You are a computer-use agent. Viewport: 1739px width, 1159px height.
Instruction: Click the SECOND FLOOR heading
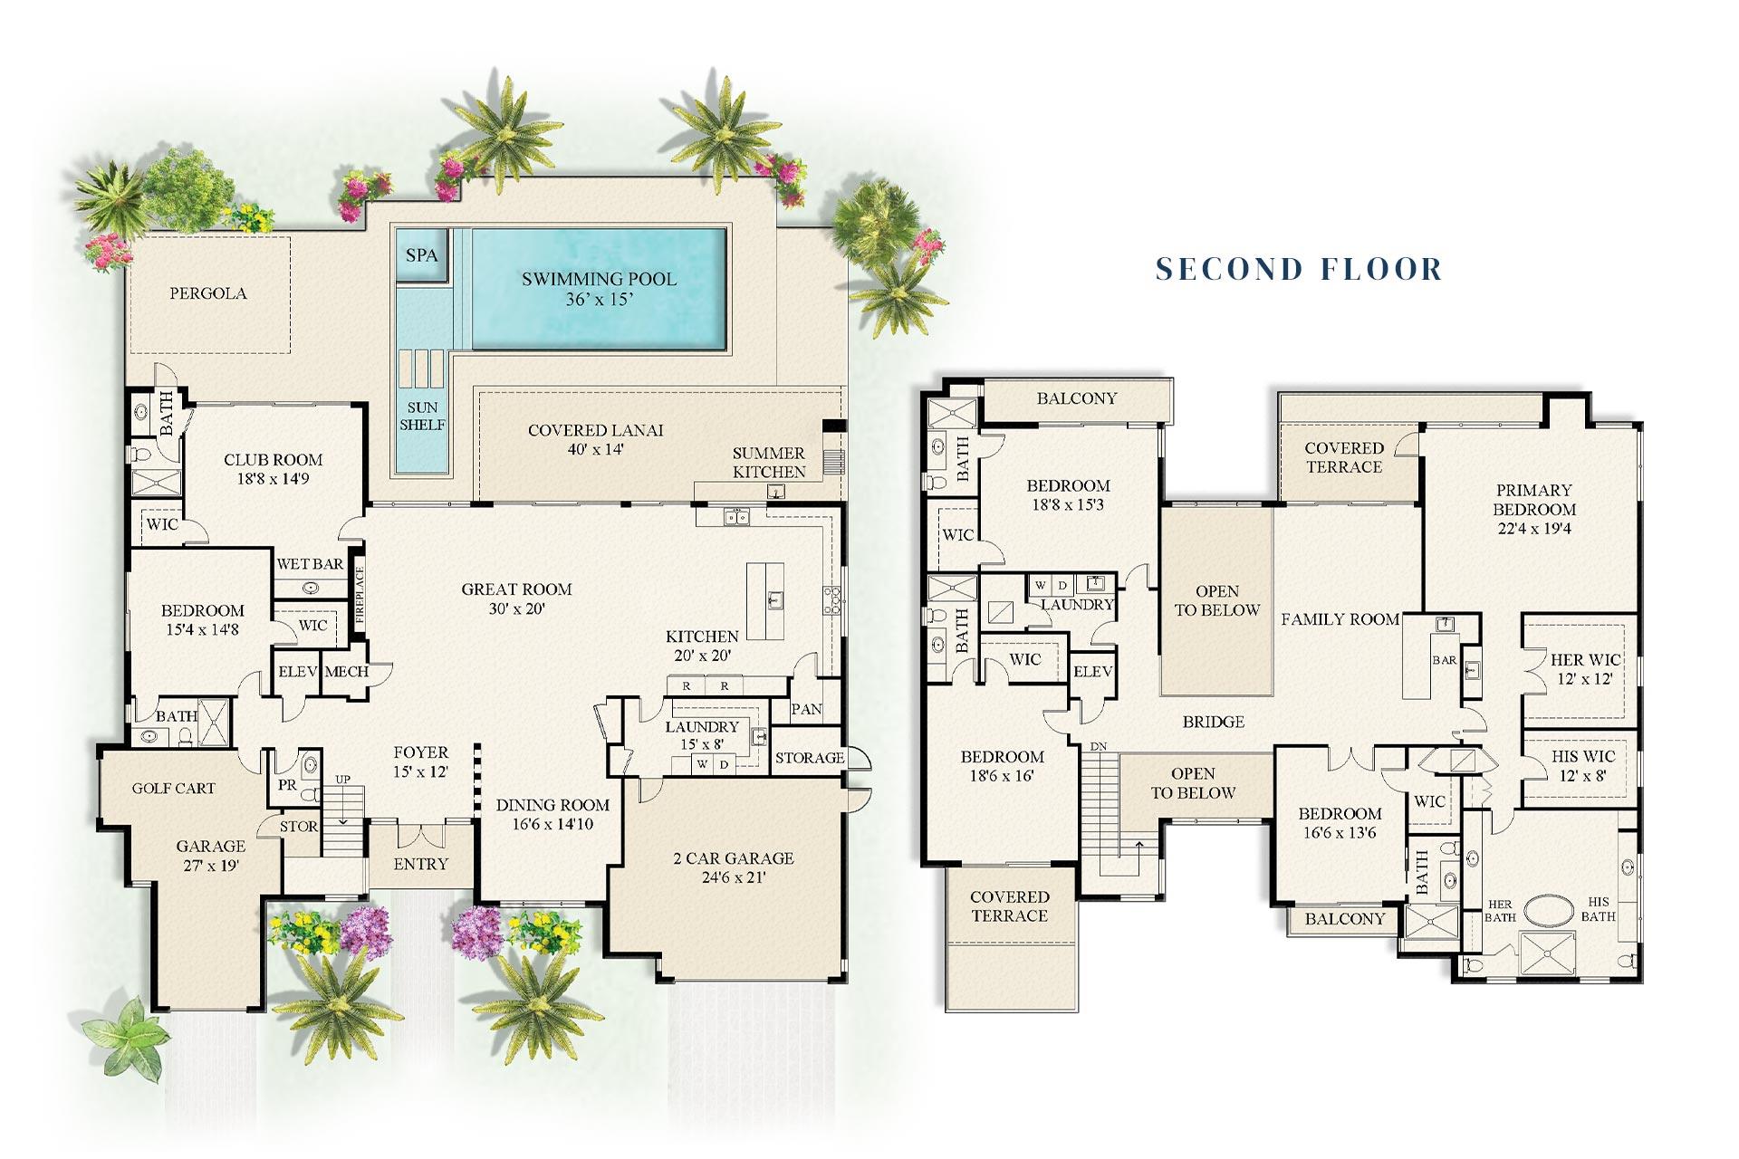tap(1299, 269)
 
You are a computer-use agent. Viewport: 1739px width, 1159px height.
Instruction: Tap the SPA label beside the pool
tap(421, 255)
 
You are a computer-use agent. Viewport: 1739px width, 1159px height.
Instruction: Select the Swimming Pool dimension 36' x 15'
tap(599, 300)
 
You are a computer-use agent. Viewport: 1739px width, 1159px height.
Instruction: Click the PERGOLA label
tap(208, 293)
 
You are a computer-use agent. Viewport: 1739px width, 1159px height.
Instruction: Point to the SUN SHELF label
tap(422, 416)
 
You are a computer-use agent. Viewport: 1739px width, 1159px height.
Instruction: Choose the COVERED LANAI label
tap(596, 431)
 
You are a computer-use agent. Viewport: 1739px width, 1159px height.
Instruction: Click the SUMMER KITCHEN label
tap(769, 463)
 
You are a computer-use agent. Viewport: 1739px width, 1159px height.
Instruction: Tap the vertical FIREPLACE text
tap(360, 597)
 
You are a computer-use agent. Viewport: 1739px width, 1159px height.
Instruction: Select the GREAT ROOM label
tap(516, 589)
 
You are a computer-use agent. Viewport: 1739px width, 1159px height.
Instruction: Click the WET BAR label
tap(310, 564)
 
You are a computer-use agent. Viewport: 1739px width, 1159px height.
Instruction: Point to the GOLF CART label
tap(174, 789)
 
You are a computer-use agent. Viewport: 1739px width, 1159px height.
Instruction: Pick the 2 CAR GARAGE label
tap(733, 858)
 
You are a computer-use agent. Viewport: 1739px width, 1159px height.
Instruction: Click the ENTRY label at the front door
tap(420, 865)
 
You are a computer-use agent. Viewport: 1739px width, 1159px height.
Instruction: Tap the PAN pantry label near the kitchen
tap(806, 710)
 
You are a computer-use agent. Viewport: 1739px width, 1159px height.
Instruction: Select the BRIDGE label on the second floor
tap(1213, 723)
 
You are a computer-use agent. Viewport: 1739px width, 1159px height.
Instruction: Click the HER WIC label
tap(1585, 660)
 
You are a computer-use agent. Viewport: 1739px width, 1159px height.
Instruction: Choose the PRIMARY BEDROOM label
tap(1533, 500)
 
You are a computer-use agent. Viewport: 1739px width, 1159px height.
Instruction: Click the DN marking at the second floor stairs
tap(1098, 746)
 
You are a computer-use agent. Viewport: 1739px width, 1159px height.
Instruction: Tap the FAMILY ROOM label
tap(1340, 620)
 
